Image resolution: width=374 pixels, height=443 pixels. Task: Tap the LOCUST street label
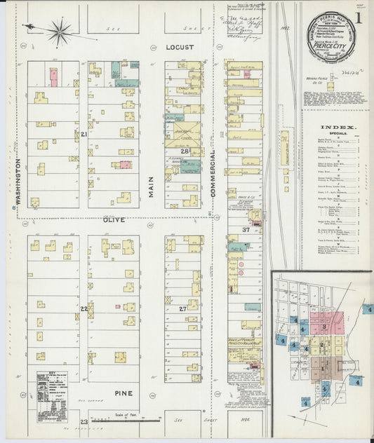179,48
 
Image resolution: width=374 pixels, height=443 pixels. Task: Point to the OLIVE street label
115,219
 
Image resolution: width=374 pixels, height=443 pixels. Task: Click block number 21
83,134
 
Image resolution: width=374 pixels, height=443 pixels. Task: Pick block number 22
84,309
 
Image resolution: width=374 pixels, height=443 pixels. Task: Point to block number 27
182,309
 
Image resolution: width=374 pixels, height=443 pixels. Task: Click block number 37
246,230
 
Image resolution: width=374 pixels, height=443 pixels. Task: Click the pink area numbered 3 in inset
325,327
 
